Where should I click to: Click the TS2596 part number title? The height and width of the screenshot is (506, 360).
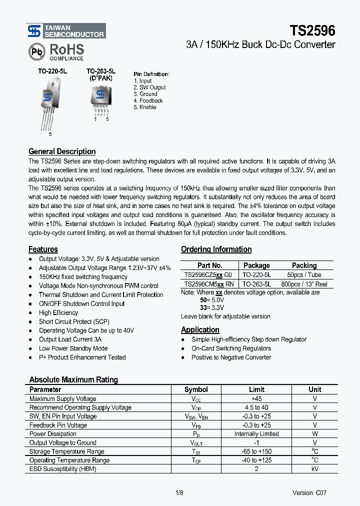pos(312,30)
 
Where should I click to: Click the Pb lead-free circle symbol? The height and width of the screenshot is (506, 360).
pos(36,51)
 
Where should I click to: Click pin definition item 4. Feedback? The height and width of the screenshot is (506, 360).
pos(148,100)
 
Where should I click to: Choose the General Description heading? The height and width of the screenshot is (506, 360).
pos(62,151)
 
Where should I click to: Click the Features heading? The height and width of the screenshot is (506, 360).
pos(43,249)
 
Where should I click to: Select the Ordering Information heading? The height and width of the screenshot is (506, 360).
pos(216,249)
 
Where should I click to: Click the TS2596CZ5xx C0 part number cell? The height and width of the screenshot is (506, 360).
pos(208,274)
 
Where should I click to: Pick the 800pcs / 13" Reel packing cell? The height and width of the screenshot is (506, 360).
pos(304,283)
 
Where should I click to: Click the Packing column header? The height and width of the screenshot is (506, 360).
pos(304,265)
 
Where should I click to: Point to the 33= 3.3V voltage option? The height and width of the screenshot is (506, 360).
pos(212,307)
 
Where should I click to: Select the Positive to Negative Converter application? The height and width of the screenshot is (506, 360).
pos(231,357)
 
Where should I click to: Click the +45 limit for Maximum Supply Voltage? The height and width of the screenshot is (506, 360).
pos(256,398)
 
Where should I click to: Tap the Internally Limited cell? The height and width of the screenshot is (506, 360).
pos(256,434)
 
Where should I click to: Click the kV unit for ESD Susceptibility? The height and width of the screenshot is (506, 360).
pos(315,469)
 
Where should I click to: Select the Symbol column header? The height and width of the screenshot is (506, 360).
pos(196,389)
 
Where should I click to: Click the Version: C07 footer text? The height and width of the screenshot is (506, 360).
pos(309,492)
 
